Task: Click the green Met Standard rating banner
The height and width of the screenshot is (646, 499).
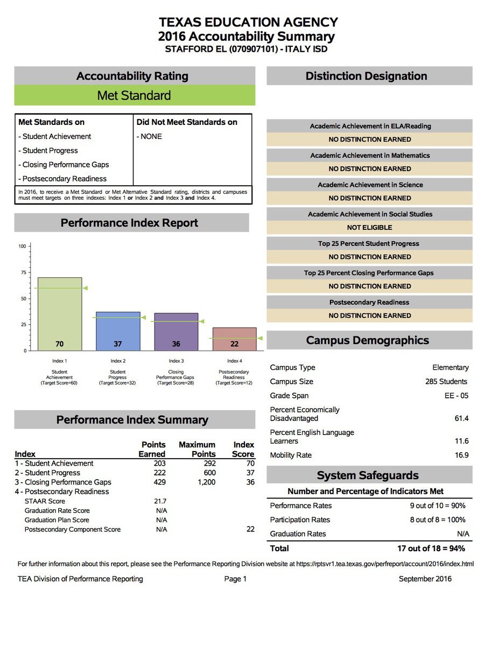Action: [134, 95]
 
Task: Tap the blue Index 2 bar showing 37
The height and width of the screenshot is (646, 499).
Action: [117, 331]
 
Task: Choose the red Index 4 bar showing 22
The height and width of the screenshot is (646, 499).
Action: [234, 339]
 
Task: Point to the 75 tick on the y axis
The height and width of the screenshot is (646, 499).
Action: [22, 272]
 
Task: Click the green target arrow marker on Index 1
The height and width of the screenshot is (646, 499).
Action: [85, 288]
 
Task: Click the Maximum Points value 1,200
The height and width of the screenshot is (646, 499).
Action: [206, 482]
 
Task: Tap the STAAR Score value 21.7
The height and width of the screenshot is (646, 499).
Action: [160, 501]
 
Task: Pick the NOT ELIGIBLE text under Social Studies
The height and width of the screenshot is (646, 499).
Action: [369, 228]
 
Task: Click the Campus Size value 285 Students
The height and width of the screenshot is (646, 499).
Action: [446, 382]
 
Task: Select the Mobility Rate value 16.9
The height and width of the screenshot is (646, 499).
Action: [461, 455]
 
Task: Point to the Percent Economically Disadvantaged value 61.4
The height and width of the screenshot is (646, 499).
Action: [461, 418]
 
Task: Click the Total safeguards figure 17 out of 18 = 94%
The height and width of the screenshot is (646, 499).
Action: [431, 549]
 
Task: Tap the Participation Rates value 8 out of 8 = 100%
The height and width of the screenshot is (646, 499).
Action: [438, 520]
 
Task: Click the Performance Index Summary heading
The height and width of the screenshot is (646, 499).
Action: [132, 420]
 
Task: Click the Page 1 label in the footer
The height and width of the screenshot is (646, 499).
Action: [235, 579]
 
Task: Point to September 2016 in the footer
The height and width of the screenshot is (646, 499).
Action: [425, 579]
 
